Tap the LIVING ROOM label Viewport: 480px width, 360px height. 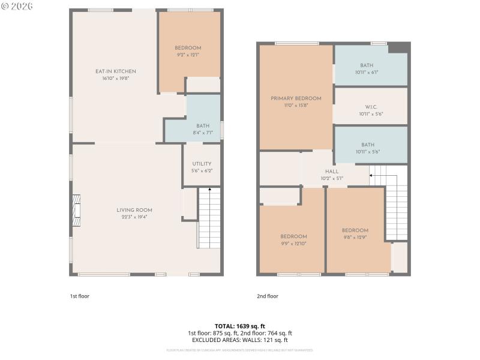(134, 210)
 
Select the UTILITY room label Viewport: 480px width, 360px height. (202, 164)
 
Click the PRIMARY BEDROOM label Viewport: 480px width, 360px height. (296, 98)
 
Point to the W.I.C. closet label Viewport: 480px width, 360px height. (371, 107)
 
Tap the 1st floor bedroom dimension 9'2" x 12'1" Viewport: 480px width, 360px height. (188, 55)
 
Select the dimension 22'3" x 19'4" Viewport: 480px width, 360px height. (134, 217)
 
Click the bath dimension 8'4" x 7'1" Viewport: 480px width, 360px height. (203, 132)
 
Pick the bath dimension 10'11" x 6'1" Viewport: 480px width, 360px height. (371, 72)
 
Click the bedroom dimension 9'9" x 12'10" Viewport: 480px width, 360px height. (294, 243)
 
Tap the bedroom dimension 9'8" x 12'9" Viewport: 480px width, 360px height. (355, 237)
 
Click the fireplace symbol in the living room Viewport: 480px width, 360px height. (76, 211)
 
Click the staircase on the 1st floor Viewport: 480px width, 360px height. (209, 219)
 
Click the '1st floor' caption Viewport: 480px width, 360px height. (79, 296)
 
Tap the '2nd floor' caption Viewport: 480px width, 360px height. (268, 296)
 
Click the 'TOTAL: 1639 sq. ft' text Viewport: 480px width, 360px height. (240, 326)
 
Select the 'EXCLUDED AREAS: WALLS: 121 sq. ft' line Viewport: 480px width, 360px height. (240, 340)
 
